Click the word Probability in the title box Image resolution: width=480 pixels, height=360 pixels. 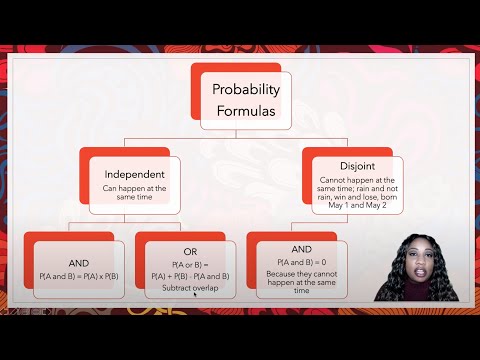pyautogui.click(x=247, y=89)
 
